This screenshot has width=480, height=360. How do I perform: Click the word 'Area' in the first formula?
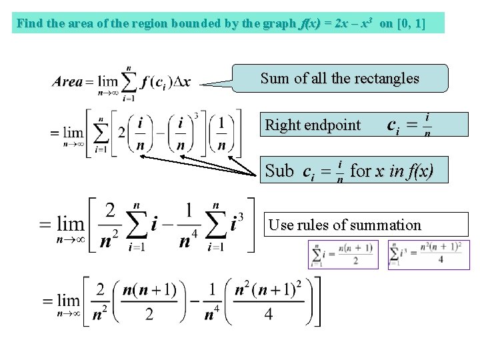click(67, 82)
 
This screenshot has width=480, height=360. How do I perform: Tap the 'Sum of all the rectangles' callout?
click(339, 78)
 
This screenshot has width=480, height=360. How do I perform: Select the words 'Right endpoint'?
click(313, 125)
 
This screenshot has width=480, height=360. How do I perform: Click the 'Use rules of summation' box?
click(345, 225)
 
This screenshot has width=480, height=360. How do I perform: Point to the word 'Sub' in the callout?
click(279, 171)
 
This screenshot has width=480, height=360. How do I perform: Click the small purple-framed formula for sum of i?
click(342, 255)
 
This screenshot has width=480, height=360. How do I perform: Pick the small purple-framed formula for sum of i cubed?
click(429, 255)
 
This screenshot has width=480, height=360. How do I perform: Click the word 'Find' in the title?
click(29, 24)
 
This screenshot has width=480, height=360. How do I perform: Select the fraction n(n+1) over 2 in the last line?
click(149, 302)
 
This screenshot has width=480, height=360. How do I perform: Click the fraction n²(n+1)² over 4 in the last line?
click(269, 302)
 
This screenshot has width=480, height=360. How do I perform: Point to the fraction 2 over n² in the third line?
click(110, 225)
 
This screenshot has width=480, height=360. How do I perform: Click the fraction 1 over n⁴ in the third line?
click(189, 225)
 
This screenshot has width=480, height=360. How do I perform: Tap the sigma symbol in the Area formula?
click(129, 81)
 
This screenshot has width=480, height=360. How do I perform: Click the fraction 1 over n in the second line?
click(221, 134)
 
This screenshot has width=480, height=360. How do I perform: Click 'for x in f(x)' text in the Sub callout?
click(391, 171)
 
